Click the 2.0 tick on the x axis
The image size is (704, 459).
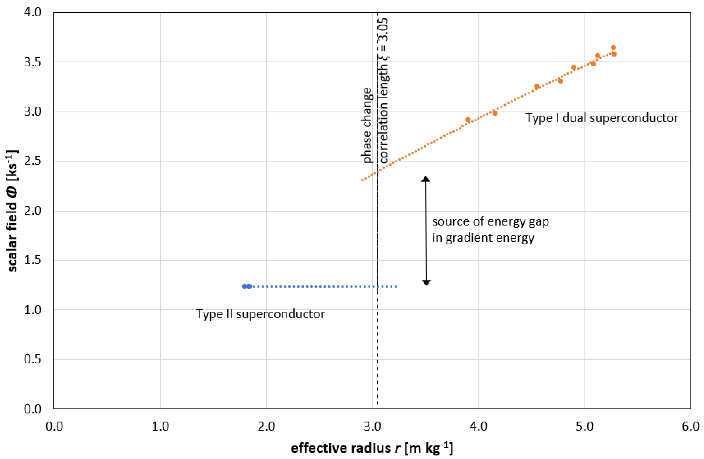(x=266, y=426)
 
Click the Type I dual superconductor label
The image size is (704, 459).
(x=601, y=118)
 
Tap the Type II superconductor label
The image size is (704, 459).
(x=260, y=314)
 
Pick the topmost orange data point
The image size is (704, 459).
(x=613, y=48)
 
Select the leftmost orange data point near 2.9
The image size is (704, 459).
(x=468, y=120)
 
